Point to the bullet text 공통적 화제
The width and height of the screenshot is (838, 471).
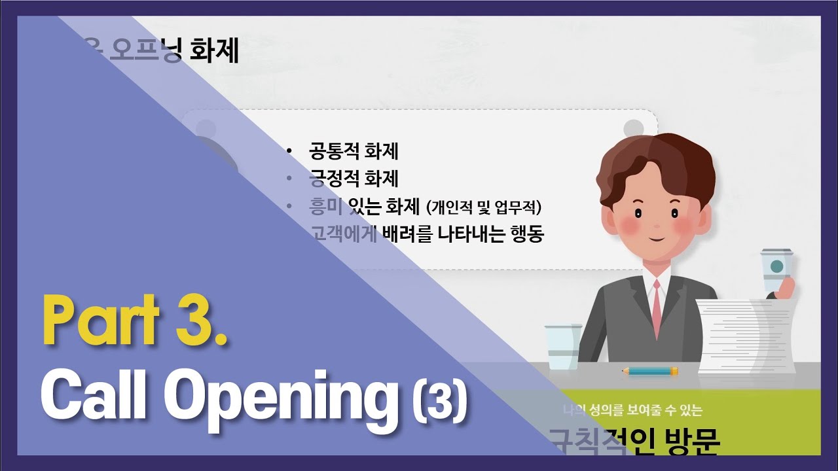coord(354,152)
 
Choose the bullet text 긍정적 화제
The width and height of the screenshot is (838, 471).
coord(354,179)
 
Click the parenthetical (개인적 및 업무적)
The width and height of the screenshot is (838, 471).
coord(484,207)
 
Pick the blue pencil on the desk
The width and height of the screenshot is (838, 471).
coord(649,371)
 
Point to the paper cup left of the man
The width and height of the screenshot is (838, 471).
coord(562,347)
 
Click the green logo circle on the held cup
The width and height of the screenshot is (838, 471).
coord(776,266)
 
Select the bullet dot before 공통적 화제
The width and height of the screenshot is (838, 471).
coord(289,152)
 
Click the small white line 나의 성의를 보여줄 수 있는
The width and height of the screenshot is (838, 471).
coord(632,411)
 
